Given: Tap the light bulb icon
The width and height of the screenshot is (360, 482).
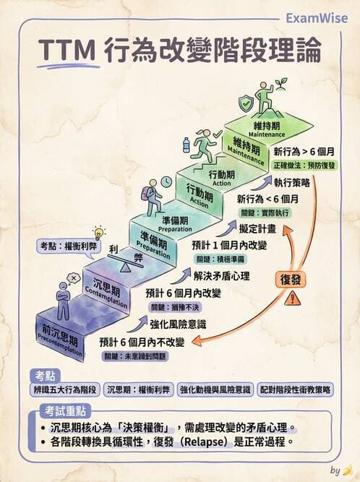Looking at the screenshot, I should [x=99, y=233].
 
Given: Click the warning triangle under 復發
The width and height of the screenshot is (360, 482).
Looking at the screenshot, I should [x=293, y=298].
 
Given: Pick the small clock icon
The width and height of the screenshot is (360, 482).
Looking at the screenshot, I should [x=166, y=181].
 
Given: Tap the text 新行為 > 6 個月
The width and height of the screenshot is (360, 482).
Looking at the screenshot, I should [x=304, y=152].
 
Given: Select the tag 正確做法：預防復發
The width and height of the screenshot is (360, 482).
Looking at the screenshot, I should [x=304, y=165].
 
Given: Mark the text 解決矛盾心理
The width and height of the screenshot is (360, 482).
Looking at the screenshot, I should [x=221, y=275].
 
